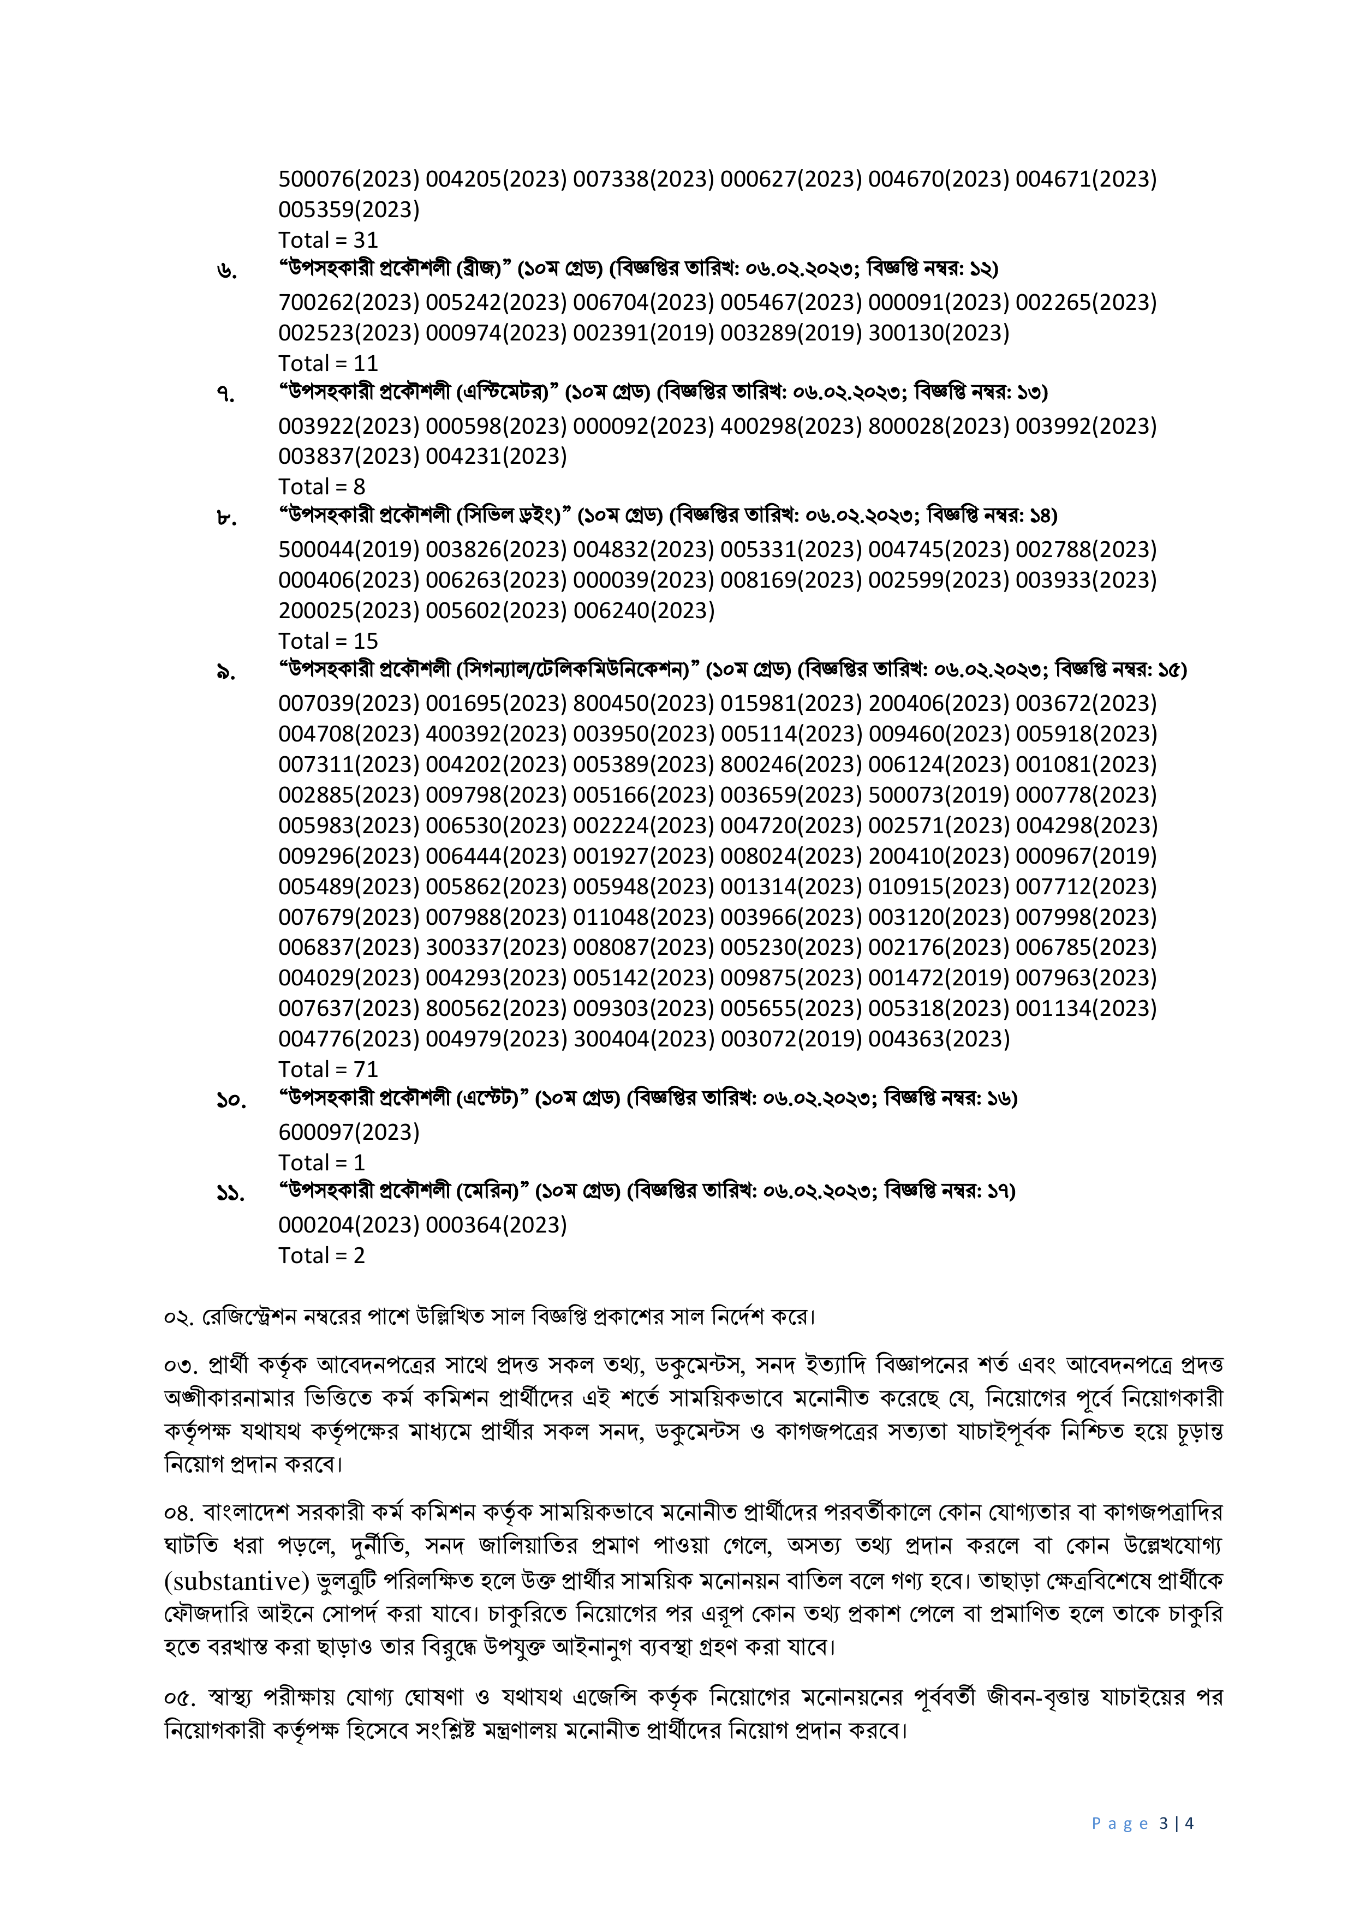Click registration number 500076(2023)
click(349, 179)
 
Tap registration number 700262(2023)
click(349, 303)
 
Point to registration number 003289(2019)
click(790, 333)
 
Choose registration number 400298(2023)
click(790, 426)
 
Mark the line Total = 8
click(322, 487)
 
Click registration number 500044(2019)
click(349, 550)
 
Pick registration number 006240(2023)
click(643, 611)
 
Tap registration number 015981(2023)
click(790, 704)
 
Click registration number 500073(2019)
click(938, 795)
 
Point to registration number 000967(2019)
click(1085, 856)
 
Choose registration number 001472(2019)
click(938, 978)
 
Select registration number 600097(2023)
click(349, 1132)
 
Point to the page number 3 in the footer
click(1163, 1823)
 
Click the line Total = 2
click(322, 1255)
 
